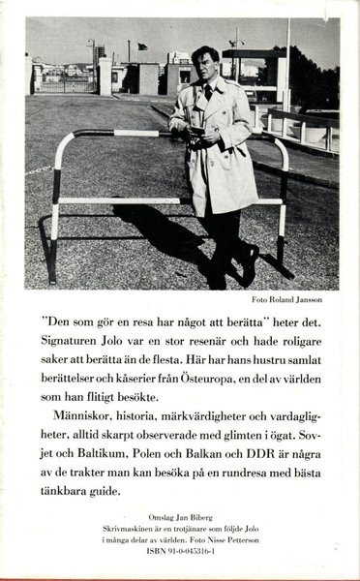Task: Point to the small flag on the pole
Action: [142, 46]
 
